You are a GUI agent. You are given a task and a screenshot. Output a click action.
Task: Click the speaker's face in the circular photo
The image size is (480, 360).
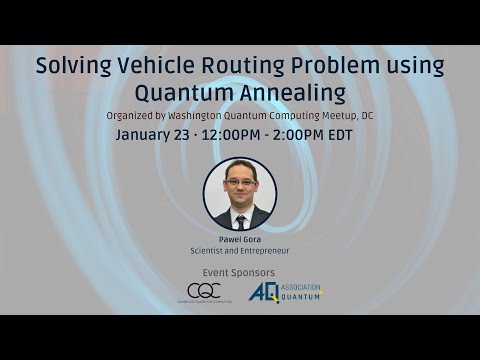coord(240,184)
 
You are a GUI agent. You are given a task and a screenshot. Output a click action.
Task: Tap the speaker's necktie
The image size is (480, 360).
coord(240,221)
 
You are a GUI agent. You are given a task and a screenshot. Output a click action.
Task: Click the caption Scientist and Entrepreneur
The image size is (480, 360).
coord(239,251)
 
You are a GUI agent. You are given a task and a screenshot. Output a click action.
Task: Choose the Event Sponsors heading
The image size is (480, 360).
coord(239,273)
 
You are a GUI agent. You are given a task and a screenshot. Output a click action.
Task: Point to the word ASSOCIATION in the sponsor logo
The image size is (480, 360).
coord(301,287)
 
